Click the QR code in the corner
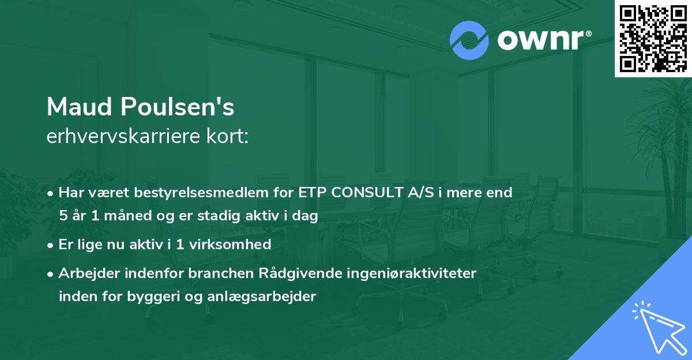click(x=653, y=39)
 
